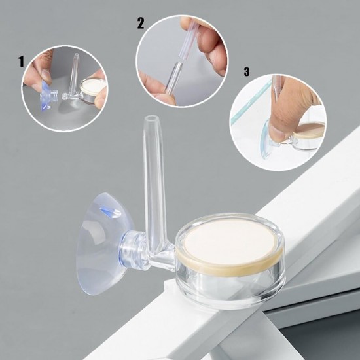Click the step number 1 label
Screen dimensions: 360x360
click(x=21, y=62)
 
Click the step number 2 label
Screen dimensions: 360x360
click(x=141, y=23)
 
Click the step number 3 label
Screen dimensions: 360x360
click(x=247, y=71)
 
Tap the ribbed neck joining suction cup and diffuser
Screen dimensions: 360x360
click(x=133, y=249)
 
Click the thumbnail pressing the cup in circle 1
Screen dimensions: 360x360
click(x=46, y=75)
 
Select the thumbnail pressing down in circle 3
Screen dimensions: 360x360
click(x=276, y=134)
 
